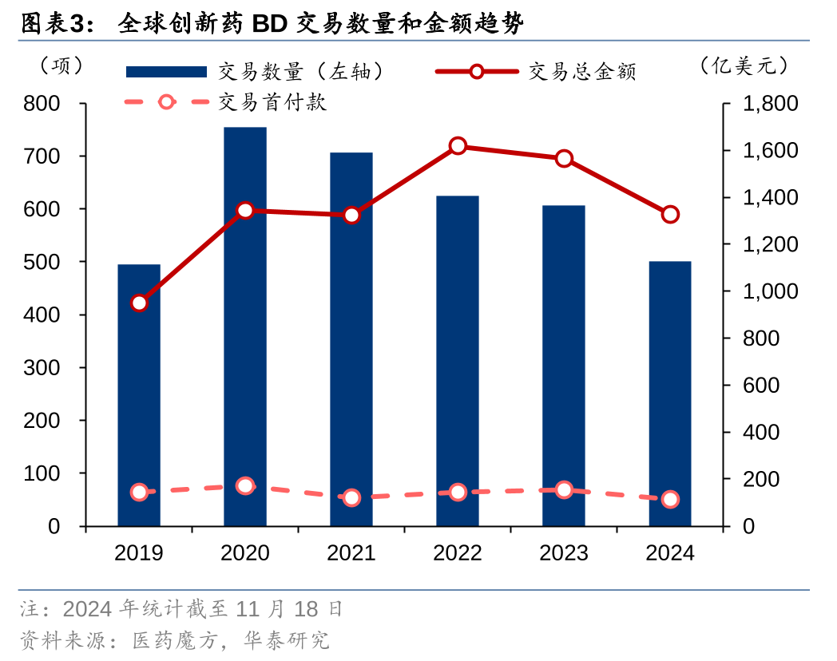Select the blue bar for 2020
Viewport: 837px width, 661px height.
[245, 327]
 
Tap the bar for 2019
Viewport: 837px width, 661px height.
[139, 395]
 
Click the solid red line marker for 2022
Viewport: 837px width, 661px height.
[458, 146]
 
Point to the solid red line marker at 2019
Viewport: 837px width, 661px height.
[139, 303]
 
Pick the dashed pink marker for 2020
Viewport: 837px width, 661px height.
[245, 486]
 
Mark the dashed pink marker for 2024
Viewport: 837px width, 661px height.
[670, 500]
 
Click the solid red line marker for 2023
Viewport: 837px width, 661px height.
[564, 158]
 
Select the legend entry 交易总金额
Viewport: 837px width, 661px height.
[582, 72]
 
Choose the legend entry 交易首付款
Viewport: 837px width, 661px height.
[272, 102]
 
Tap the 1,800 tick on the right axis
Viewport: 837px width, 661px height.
[770, 104]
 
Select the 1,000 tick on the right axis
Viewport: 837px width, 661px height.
[770, 291]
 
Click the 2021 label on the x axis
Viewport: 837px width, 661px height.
[351, 552]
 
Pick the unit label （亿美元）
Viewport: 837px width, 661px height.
[743, 66]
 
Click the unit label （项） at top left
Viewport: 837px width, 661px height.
[61, 66]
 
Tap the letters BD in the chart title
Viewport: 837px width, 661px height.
[269, 24]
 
